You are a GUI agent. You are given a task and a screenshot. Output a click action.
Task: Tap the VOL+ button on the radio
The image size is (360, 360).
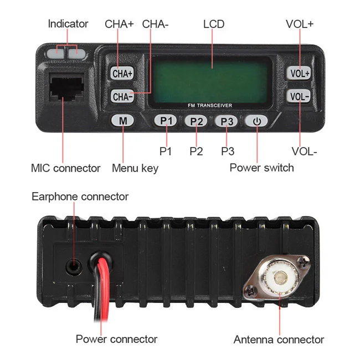(x=300, y=73)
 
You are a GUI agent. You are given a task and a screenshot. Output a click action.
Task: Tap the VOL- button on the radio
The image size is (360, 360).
(x=300, y=96)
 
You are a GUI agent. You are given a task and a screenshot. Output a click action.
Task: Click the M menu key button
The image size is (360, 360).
(x=123, y=120)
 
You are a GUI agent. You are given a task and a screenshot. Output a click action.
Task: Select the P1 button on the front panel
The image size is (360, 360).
(x=165, y=120)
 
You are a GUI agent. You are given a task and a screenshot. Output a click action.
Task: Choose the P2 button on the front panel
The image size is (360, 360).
(x=196, y=121)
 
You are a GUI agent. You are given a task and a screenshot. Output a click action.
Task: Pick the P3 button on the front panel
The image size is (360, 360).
(x=227, y=121)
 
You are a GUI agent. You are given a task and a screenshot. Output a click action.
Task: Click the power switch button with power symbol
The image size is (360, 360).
(x=257, y=121)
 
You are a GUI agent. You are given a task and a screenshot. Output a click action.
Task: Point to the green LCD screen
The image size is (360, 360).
(x=210, y=78)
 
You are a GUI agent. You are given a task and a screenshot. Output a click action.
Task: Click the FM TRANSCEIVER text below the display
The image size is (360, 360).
(x=210, y=105)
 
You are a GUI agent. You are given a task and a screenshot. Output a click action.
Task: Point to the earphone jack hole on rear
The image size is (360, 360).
(x=73, y=265)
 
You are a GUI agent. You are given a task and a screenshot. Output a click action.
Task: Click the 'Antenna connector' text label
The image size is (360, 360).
(x=279, y=340)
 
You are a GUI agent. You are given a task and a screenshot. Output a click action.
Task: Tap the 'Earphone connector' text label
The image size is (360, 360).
(x=80, y=197)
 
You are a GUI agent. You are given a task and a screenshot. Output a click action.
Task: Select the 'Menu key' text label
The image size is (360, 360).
(x=135, y=168)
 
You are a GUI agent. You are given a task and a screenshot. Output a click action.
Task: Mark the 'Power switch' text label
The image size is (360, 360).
(x=261, y=167)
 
